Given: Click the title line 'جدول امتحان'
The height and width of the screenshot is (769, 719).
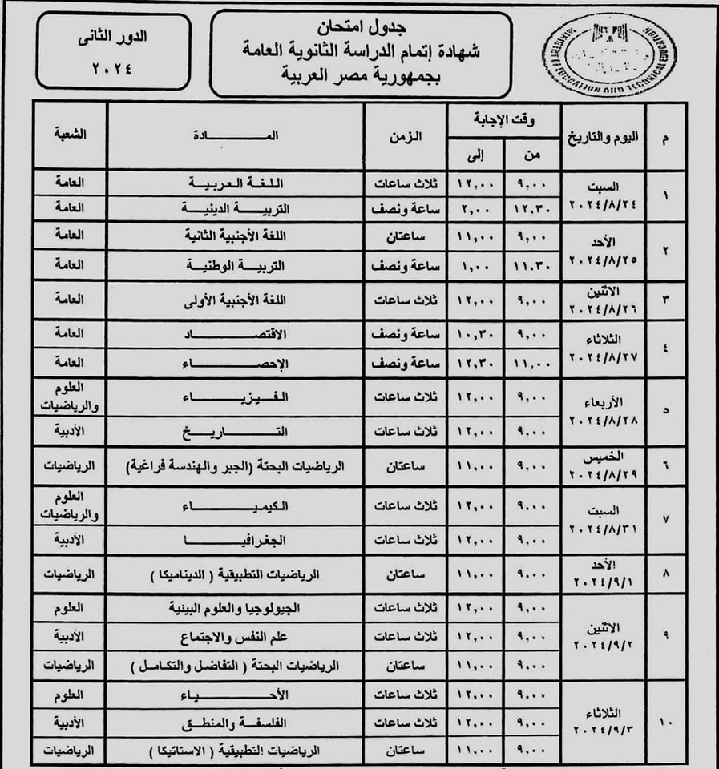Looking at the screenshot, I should pyautogui.click(x=360, y=27).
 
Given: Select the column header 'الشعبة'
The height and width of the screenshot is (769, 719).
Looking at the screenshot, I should pyautogui.click(x=70, y=134).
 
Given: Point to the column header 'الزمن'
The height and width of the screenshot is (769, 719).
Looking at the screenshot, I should pyautogui.click(x=408, y=136).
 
